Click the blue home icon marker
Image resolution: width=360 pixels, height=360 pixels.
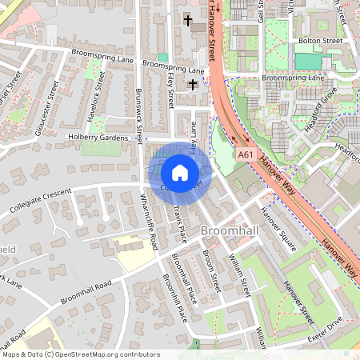(x=180, y=172)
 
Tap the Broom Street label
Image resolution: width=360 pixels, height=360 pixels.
(x=210, y=268)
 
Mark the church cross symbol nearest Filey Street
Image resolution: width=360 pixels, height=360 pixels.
(x=192, y=84)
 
